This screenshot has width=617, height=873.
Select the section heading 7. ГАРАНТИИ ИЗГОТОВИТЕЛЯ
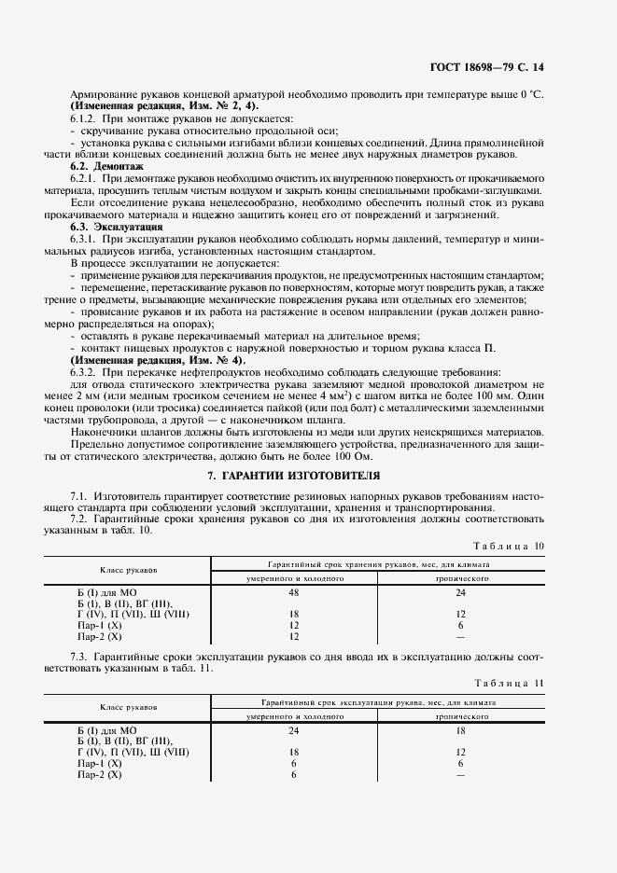(308, 475)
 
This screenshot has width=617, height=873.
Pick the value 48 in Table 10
(294, 591)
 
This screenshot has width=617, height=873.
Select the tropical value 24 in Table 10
(459, 591)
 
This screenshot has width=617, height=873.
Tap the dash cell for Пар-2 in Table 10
(459, 636)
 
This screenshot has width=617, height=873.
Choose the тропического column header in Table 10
(459, 578)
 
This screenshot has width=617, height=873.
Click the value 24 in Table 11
(294, 729)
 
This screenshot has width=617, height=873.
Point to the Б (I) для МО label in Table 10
(106, 591)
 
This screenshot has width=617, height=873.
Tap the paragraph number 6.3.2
(86, 371)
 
